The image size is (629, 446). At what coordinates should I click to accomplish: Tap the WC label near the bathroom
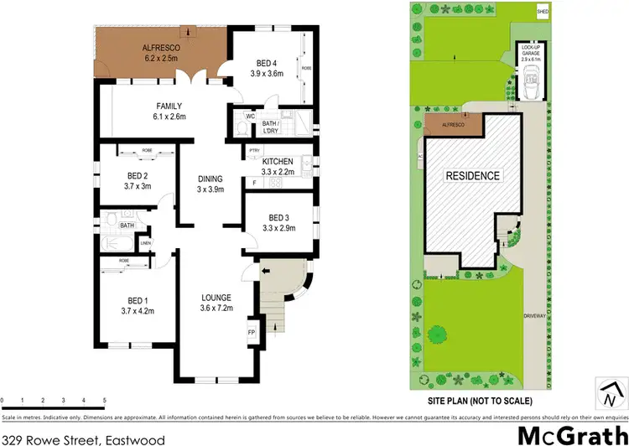pos(250,115)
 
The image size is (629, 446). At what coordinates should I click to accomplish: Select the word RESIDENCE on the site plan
pos(473,176)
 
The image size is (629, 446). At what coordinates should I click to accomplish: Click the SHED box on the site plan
pos(543,12)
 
